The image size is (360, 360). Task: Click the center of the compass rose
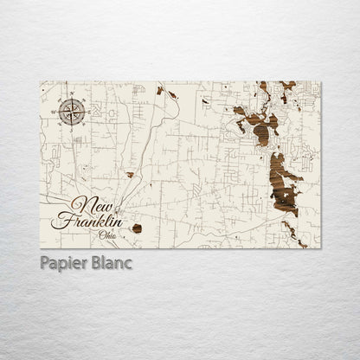tap(70, 111)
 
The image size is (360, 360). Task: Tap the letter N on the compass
tap(70, 97)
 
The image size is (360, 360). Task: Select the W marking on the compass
tap(57, 111)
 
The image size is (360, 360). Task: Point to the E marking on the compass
tap(84, 111)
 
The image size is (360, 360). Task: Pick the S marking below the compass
tap(70, 125)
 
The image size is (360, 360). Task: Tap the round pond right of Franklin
tap(136, 228)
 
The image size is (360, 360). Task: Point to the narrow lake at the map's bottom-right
tap(295, 234)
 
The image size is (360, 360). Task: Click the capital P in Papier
tap(43, 262)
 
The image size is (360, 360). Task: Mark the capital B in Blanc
tap(96, 262)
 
